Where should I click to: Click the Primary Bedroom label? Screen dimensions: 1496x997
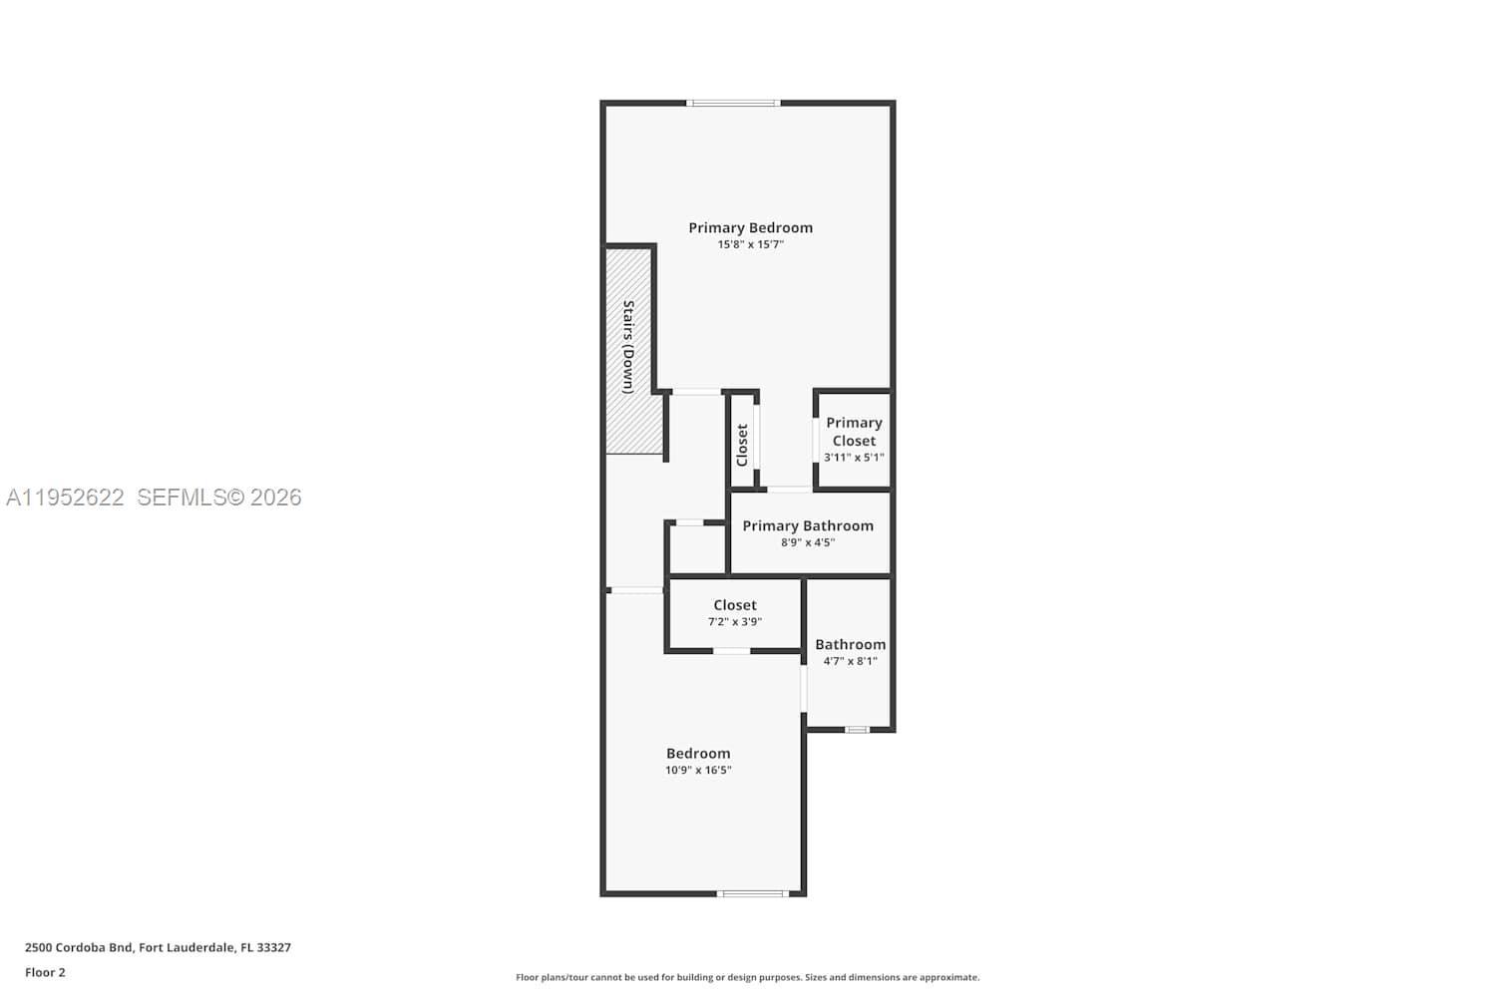pos(751,227)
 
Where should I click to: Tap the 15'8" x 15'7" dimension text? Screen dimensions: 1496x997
pos(751,244)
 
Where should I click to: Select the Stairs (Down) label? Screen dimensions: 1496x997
pos(628,347)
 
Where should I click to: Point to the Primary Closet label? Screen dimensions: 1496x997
pos(854,432)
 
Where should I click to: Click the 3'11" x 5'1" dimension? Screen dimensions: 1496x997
pos(854,458)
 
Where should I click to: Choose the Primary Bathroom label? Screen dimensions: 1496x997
pos(808,526)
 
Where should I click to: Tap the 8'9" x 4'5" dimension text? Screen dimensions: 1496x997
pos(808,542)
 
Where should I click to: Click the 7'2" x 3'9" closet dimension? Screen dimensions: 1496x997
pos(735,622)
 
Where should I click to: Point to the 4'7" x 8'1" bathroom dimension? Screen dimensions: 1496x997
pos(850,661)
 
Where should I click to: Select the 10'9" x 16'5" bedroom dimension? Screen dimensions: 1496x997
pos(698,770)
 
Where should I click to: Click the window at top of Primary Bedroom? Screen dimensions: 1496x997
pos(733,103)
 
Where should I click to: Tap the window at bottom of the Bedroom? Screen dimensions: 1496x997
pos(753,893)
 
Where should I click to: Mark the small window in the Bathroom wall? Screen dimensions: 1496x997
pos(858,730)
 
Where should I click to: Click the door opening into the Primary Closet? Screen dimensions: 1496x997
pos(816,440)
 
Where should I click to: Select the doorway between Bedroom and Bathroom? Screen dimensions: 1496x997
pos(804,689)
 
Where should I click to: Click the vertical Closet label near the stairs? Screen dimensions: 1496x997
pos(742,446)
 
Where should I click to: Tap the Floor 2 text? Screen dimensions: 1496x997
pos(46,972)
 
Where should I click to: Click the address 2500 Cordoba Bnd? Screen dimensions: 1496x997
pos(79,947)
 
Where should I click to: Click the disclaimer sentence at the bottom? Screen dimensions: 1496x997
pos(748,977)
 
